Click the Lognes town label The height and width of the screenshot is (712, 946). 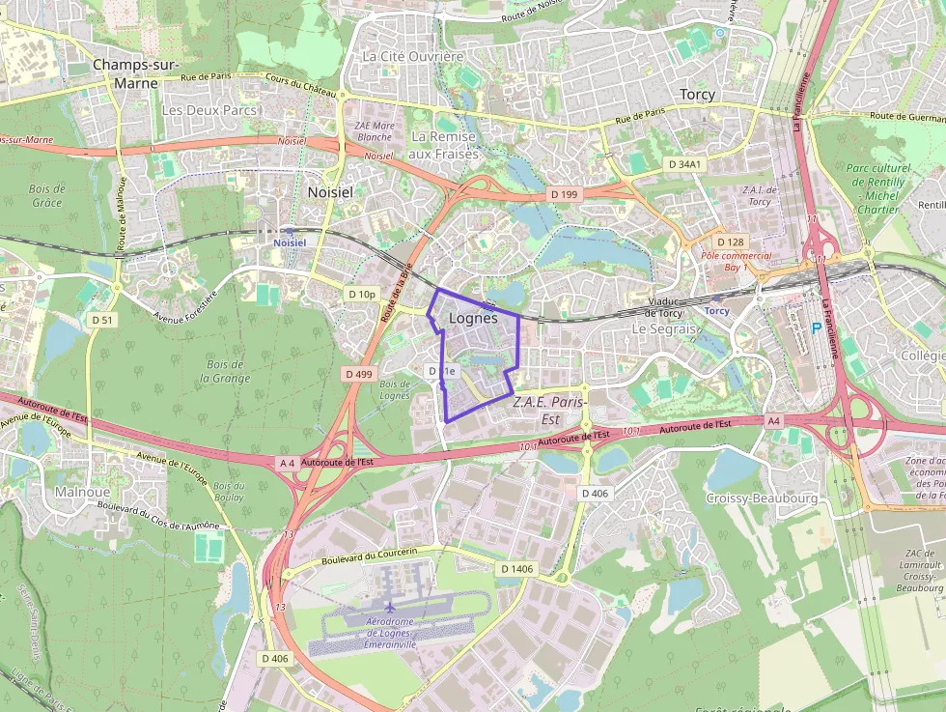[x=473, y=318]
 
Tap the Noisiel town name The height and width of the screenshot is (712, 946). [x=330, y=191]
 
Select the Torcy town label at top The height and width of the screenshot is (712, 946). [x=696, y=94]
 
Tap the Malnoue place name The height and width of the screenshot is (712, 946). [x=82, y=492]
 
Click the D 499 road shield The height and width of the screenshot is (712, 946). [x=357, y=373]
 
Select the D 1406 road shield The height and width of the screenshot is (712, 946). [x=516, y=569]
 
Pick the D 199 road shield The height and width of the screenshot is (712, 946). [x=564, y=194]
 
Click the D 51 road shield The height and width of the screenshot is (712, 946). [x=102, y=319]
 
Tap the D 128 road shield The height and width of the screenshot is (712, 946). [x=731, y=241]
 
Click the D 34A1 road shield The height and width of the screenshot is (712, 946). [x=685, y=164]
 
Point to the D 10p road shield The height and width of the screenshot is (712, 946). [x=362, y=294]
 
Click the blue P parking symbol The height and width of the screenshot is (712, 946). [x=817, y=328]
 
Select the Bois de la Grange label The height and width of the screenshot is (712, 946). [x=225, y=371]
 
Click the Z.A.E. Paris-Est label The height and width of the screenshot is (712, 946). [x=551, y=410]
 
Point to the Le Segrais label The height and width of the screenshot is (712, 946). [x=663, y=328]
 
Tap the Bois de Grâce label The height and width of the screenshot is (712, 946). [x=45, y=195]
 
